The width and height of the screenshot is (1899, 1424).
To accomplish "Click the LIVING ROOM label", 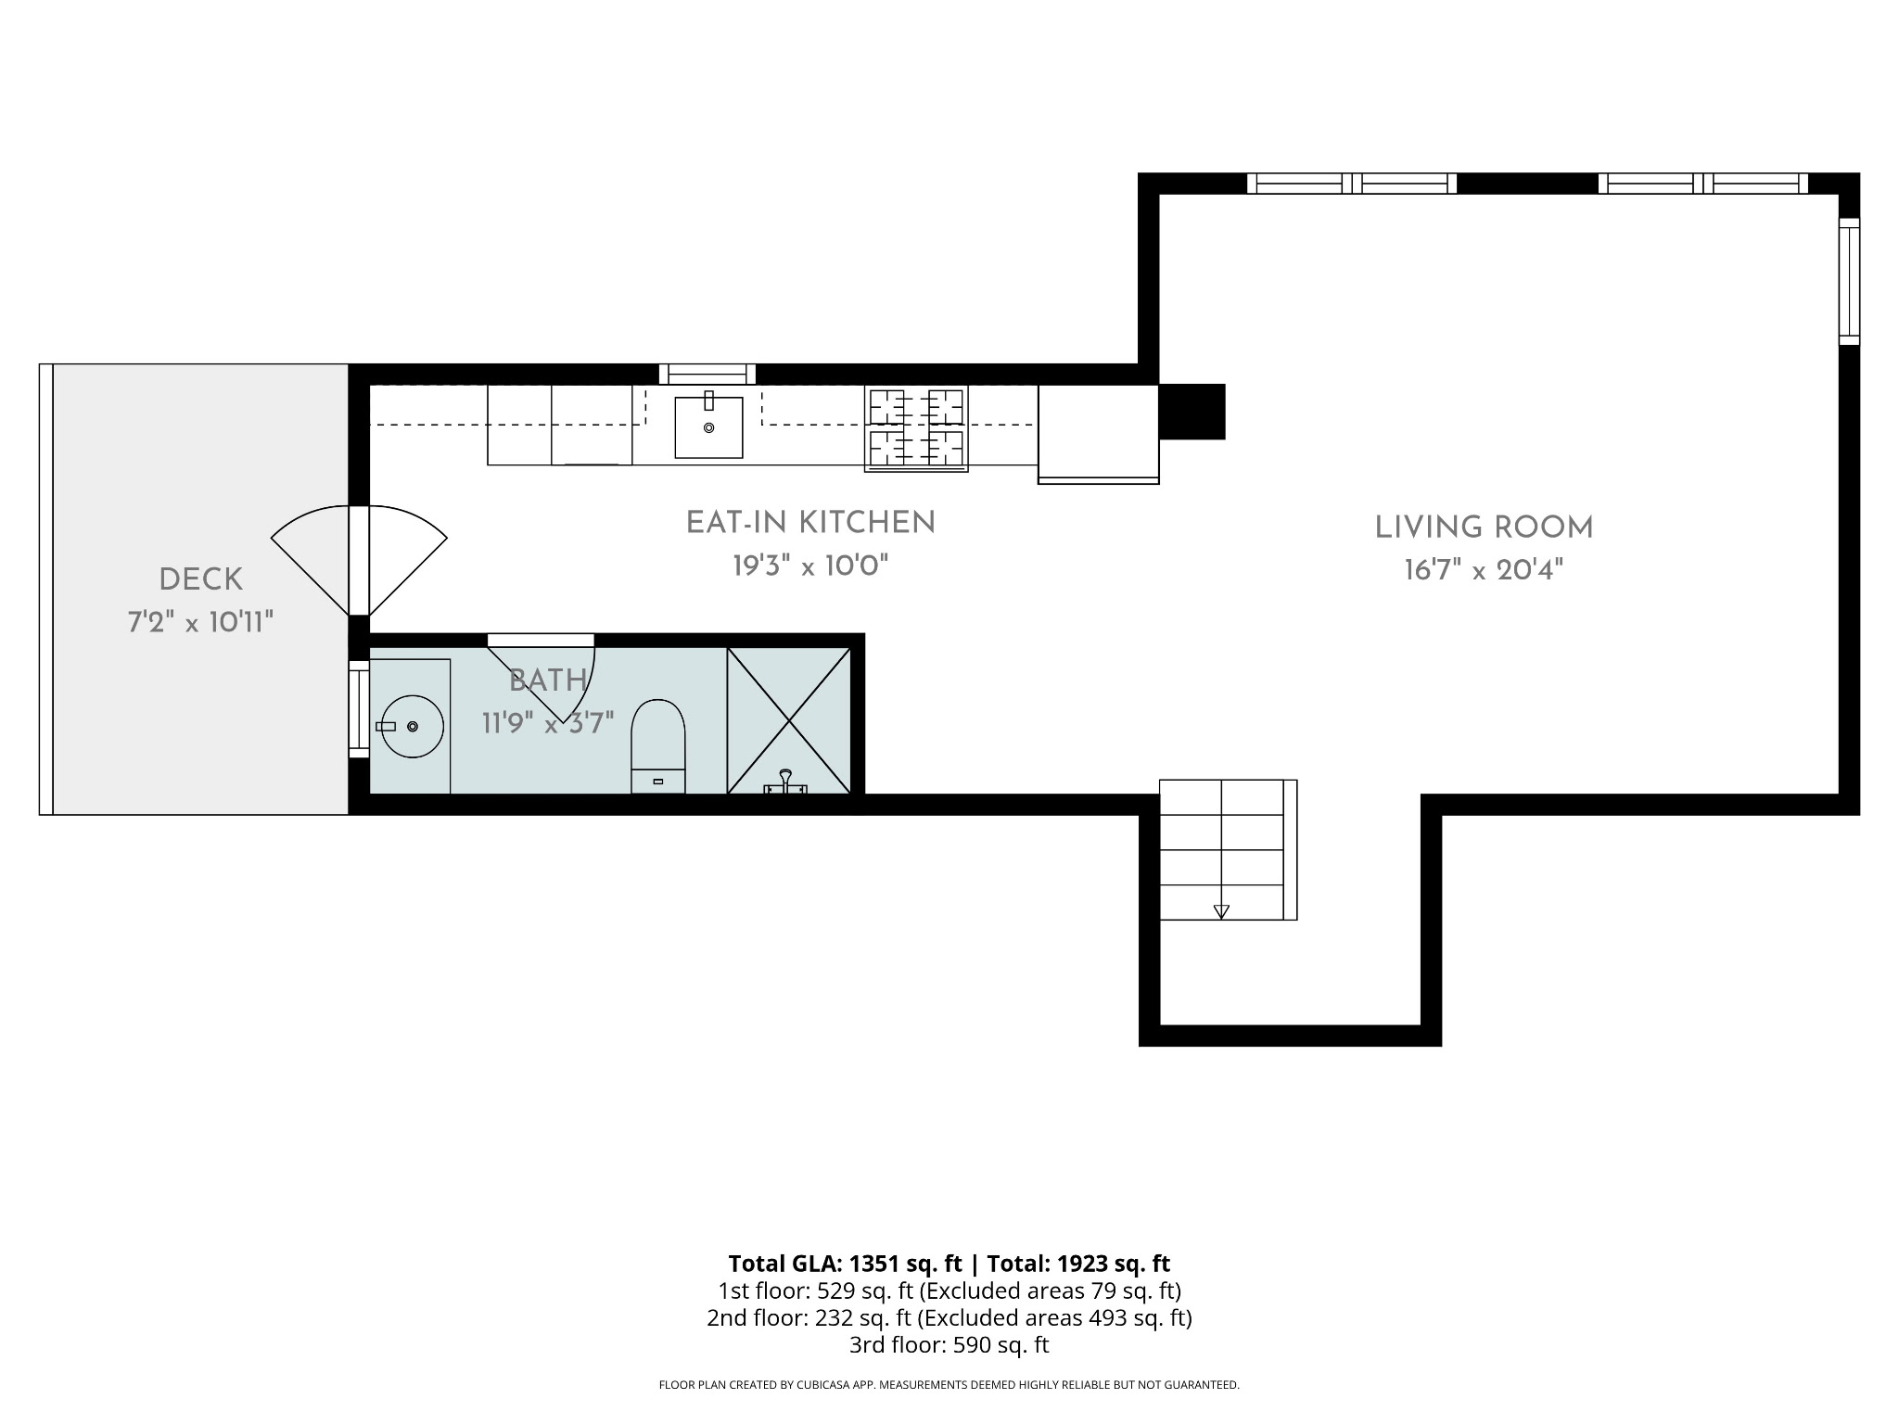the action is (1484, 528).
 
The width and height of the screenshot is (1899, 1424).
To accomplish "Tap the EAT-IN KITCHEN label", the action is (810, 523).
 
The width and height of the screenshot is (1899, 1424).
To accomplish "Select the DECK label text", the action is (200, 580).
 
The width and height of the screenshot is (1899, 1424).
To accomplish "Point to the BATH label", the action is (548, 680).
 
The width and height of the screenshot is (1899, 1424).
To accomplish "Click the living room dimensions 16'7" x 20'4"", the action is (1484, 569).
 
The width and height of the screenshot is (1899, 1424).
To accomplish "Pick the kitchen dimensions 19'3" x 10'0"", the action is (810, 565).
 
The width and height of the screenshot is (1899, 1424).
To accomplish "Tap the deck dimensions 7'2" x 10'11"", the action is (200, 621).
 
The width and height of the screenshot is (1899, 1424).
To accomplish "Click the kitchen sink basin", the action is (708, 426).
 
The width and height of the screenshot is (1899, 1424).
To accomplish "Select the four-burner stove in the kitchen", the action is (916, 428).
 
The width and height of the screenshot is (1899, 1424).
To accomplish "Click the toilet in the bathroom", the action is (658, 746).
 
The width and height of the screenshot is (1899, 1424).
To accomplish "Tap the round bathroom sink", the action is (413, 726).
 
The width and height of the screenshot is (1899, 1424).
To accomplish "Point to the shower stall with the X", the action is (789, 720).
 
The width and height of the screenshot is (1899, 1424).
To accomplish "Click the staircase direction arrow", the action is (1221, 911).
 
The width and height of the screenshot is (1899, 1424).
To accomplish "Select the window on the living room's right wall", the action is (1849, 282).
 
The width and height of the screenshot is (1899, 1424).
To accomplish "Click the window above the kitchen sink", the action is (707, 375).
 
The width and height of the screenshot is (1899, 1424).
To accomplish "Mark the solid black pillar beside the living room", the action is (1192, 412).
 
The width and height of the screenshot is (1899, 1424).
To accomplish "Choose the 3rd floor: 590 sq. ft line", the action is (949, 1344).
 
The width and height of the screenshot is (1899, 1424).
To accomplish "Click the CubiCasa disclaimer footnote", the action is (949, 1385).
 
